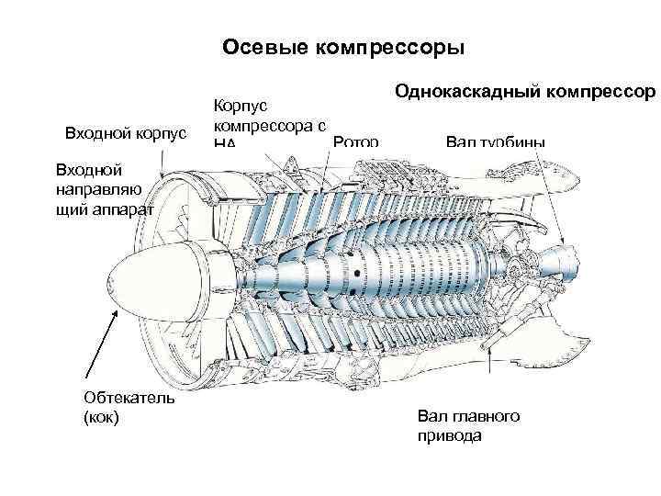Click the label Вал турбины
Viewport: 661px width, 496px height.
(x=495, y=141)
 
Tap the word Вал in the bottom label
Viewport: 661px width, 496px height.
(x=431, y=417)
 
